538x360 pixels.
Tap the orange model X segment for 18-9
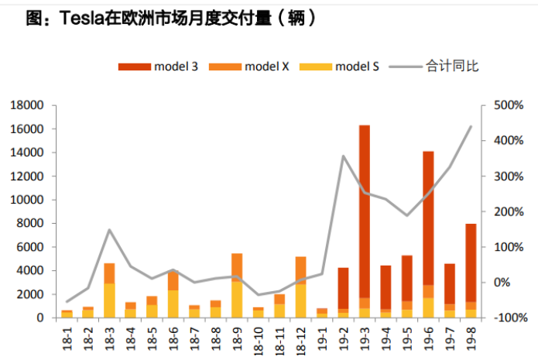[237, 267]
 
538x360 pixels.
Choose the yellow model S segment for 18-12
[300, 301]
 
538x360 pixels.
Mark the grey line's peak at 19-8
[471, 126]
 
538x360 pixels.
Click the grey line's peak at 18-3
[109, 230]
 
